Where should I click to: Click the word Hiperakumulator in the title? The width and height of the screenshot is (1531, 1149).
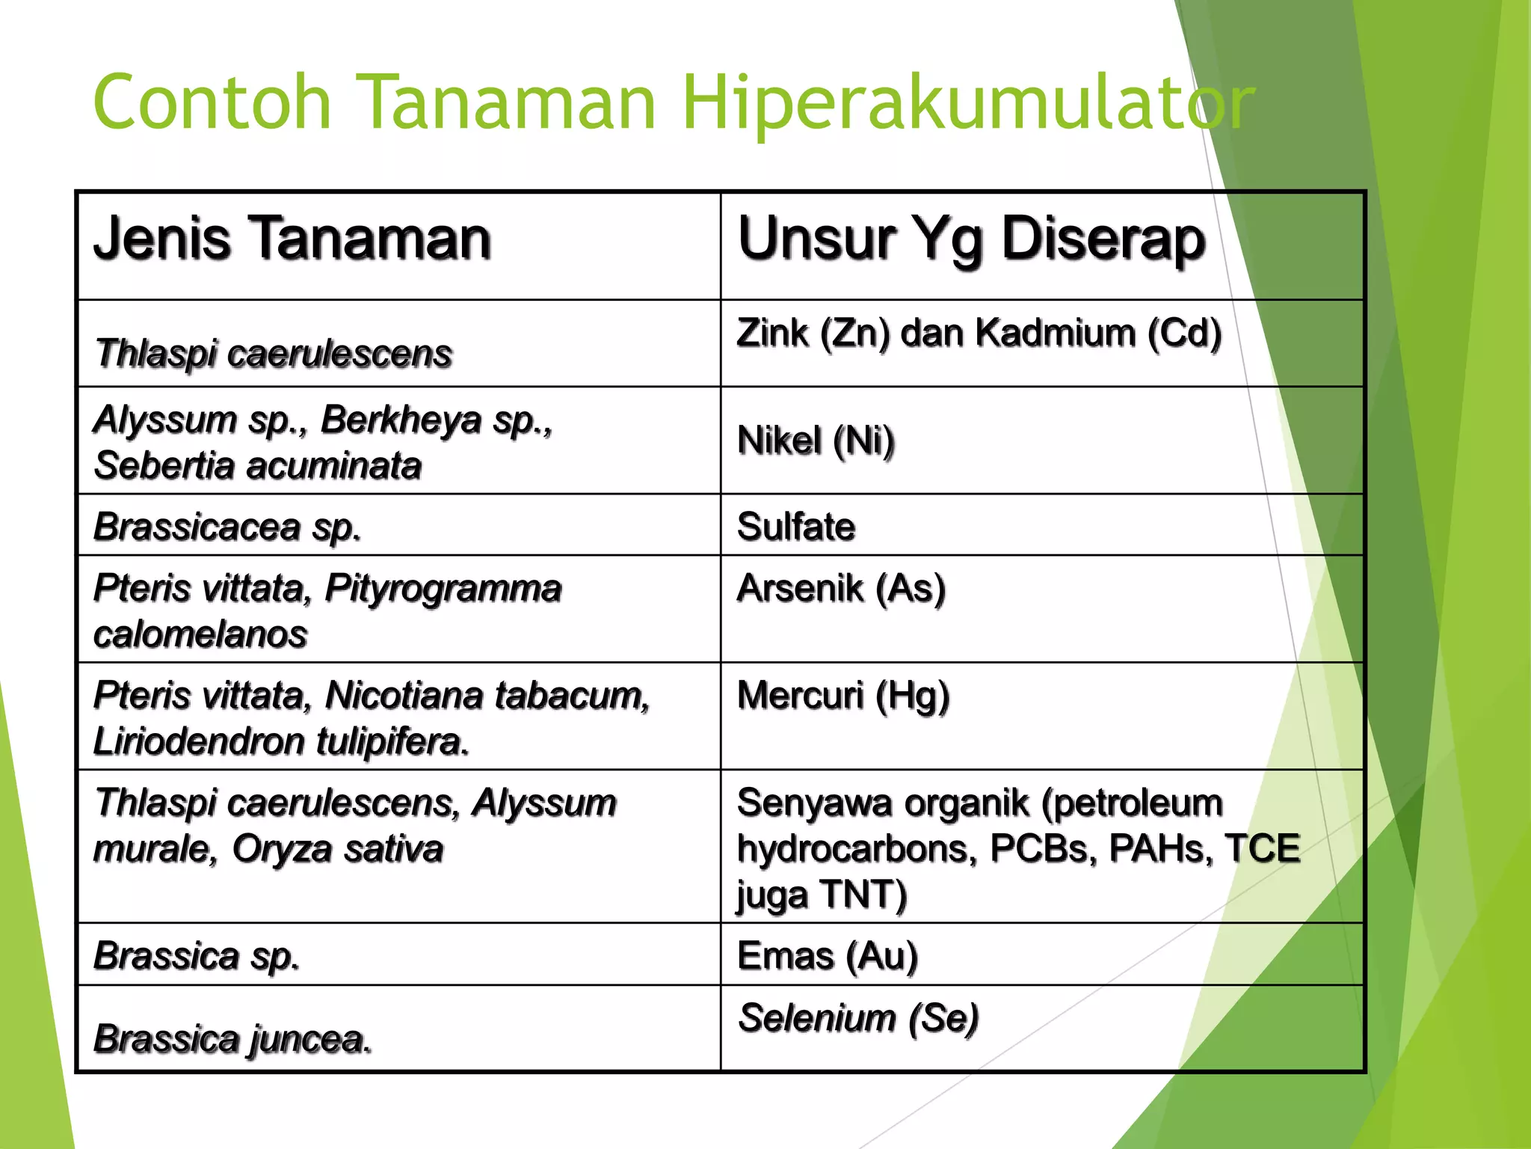pos(968,103)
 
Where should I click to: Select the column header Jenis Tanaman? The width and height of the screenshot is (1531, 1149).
pos(292,239)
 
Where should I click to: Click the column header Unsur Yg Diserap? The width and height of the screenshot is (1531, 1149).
pos(971,239)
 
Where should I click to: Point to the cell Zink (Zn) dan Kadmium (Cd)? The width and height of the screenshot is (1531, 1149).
pos(979,333)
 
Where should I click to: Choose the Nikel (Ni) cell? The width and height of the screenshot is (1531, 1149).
pos(816,441)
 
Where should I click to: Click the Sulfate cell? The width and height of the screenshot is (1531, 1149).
pos(796,527)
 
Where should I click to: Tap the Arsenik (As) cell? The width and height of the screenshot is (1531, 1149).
pos(841,588)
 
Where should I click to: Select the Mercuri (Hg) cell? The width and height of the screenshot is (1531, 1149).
pos(843,696)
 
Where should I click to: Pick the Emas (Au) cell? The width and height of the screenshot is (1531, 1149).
pos(827,956)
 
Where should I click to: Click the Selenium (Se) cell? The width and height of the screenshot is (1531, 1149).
pos(858,1018)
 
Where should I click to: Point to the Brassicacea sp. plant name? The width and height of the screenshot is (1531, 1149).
pos(227,527)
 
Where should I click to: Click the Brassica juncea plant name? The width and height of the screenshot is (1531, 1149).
pos(232,1039)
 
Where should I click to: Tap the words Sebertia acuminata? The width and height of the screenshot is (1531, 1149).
pos(258,466)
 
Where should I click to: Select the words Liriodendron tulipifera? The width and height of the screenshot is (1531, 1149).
pos(281,742)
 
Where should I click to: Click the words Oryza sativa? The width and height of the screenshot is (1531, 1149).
pos(337,849)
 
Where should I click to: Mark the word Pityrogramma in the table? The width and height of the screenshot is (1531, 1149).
pos(443,589)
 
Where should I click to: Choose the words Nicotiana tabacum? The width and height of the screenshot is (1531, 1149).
pos(487,696)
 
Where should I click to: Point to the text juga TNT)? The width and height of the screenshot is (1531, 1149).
pos(822,895)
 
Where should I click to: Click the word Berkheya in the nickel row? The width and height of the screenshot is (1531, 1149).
pos(401,420)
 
